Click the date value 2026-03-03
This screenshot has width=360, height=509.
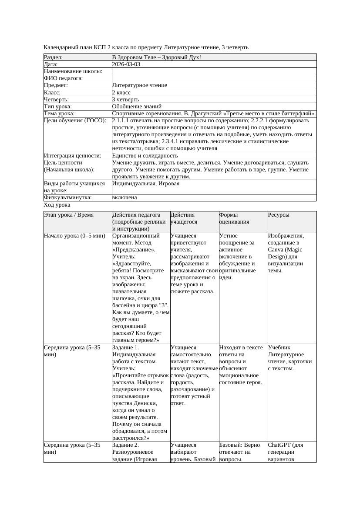click(x=126, y=64)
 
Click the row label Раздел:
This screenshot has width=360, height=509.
click(x=54, y=57)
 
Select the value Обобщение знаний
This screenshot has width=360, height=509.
click(x=137, y=106)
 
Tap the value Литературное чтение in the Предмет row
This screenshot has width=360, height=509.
click(x=139, y=85)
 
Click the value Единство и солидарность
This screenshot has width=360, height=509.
click(x=145, y=155)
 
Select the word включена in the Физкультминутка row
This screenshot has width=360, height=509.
click(x=124, y=197)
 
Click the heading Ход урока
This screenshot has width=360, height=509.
click(x=57, y=204)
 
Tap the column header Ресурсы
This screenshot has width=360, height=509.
click(x=279, y=215)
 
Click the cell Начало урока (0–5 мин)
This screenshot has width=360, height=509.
click(x=74, y=236)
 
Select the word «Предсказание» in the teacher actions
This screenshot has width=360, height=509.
click(x=131, y=250)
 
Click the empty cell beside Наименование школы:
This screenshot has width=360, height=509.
click(x=213, y=71)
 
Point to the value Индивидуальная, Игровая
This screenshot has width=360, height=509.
click(x=146, y=184)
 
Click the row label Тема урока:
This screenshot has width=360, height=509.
click(x=59, y=113)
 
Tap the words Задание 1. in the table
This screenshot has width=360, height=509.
click(x=126, y=348)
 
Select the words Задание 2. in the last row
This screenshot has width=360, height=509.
click(x=126, y=445)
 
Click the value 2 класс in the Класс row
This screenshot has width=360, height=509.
click(x=124, y=92)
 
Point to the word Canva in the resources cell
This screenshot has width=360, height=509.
click(x=276, y=250)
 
